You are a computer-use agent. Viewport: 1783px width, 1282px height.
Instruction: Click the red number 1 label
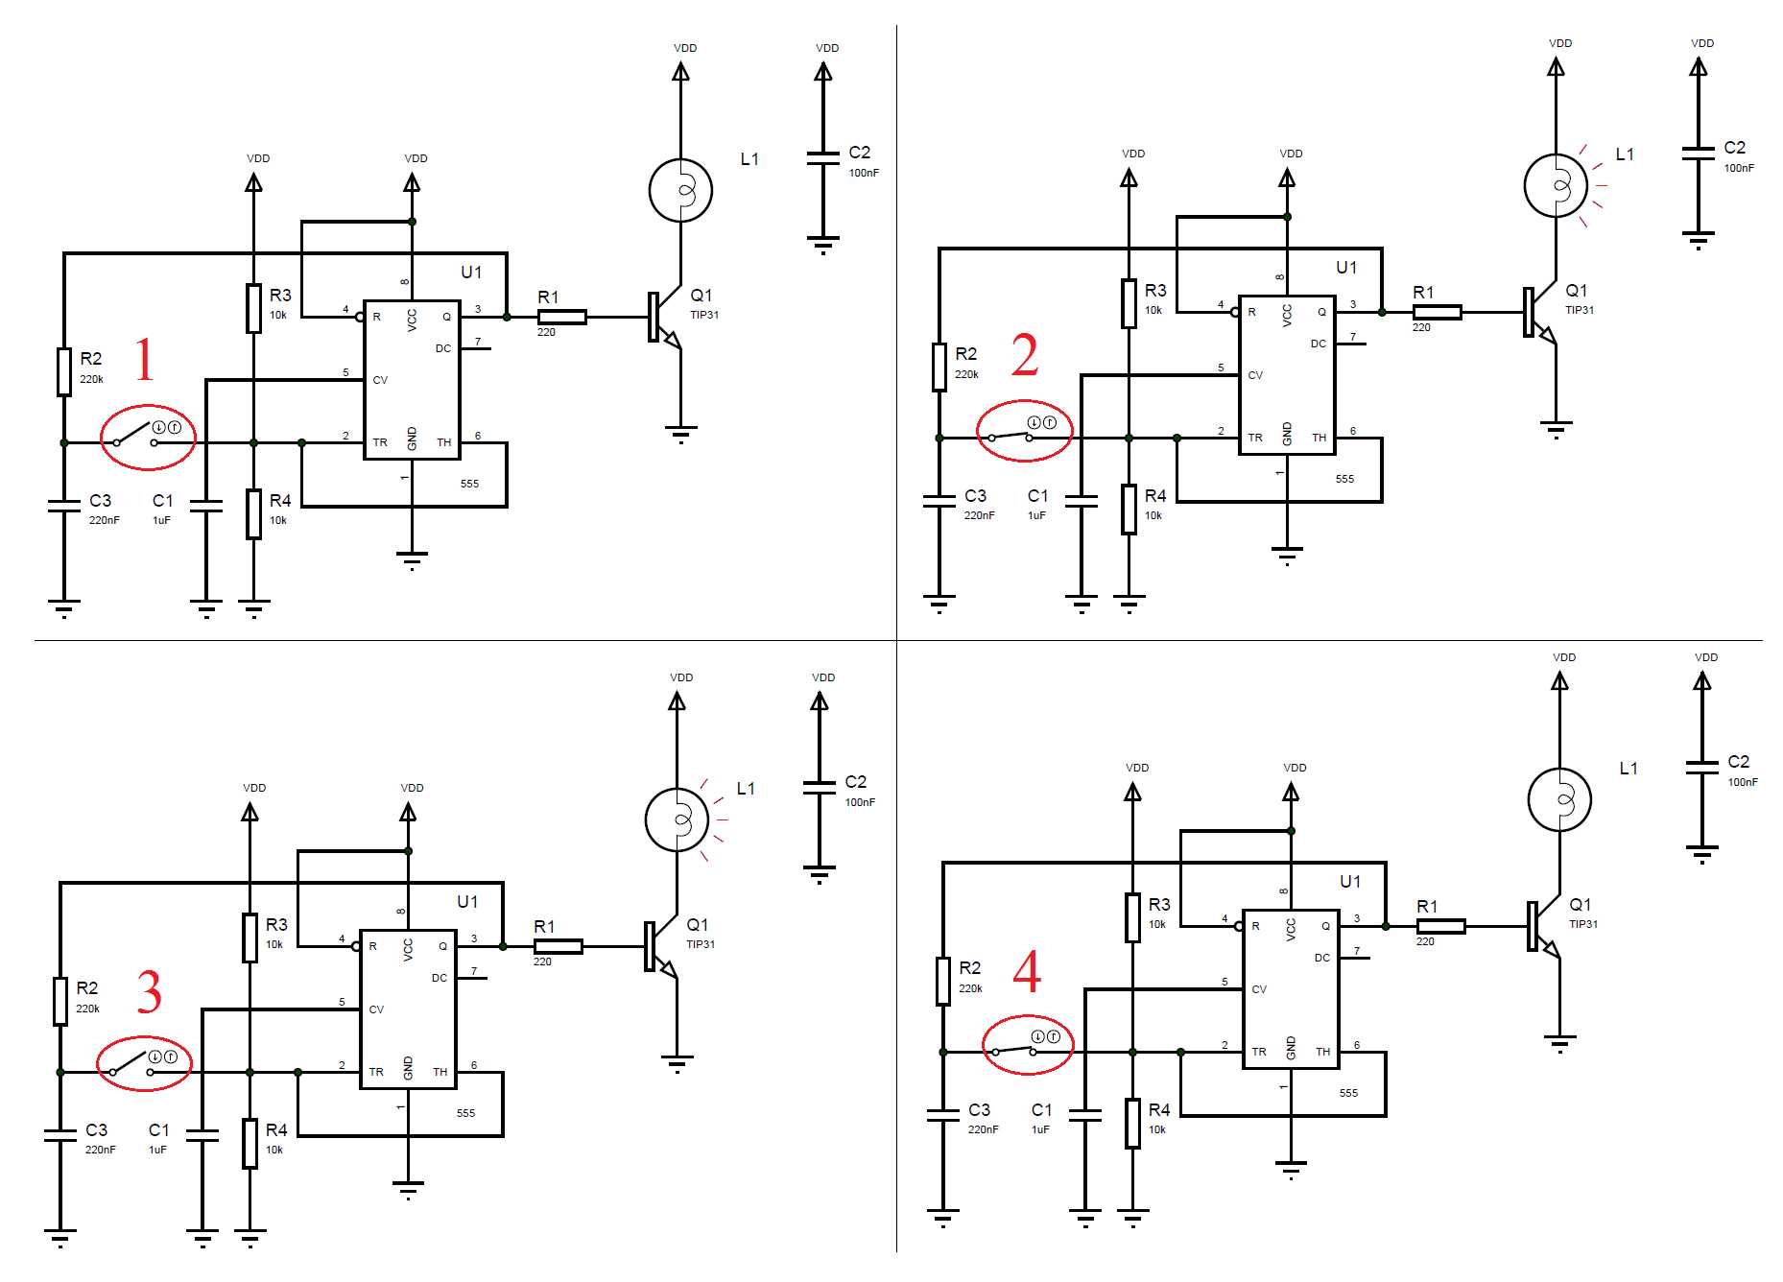click(144, 359)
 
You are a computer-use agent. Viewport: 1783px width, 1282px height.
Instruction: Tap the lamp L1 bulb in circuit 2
click(1556, 185)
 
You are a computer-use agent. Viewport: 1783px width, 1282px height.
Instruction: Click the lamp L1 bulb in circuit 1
click(680, 190)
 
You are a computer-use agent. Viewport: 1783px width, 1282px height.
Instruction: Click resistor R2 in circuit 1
click(63, 371)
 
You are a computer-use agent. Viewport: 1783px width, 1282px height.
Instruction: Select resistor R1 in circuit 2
click(1437, 312)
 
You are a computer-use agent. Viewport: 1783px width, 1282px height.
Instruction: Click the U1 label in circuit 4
click(1350, 882)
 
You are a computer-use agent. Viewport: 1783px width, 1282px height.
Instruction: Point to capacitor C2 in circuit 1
click(822, 158)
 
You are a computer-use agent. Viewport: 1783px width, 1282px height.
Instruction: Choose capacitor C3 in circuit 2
click(939, 500)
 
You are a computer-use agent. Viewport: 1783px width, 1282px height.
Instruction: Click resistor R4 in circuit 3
click(250, 1143)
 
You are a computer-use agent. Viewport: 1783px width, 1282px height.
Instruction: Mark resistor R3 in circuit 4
click(1132, 916)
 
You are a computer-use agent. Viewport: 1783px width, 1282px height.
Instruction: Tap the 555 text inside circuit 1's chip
click(469, 484)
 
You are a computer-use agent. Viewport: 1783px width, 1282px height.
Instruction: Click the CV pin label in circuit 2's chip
click(1255, 375)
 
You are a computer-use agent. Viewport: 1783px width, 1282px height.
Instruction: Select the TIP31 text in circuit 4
click(1583, 924)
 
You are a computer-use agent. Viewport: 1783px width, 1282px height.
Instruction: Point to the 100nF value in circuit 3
click(860, 802)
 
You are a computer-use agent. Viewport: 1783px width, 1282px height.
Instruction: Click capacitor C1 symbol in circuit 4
click(1084, 1115)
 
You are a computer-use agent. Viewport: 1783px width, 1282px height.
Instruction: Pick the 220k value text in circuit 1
click(91, 379)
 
